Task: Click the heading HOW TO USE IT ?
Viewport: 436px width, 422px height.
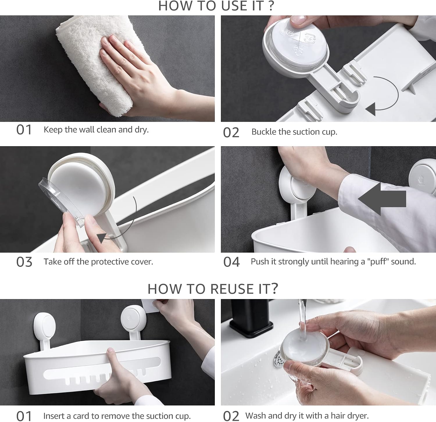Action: (x=216, y=6)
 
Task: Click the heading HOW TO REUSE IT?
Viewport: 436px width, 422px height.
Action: (x=213, y=289)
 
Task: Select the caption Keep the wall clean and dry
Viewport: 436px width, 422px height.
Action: (x=96, y=130)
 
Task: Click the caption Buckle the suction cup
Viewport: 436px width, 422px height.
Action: (x=294, y=132)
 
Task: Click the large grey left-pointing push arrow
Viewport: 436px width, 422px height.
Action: (x=382, y=199)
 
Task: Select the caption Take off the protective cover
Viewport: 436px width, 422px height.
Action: (x=98, y=262)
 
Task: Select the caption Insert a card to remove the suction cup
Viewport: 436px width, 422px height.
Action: (x=117, y=416)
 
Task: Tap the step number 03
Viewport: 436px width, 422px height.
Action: (x=24, y=262)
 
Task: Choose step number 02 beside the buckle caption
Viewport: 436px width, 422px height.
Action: (x=231, y=133)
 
